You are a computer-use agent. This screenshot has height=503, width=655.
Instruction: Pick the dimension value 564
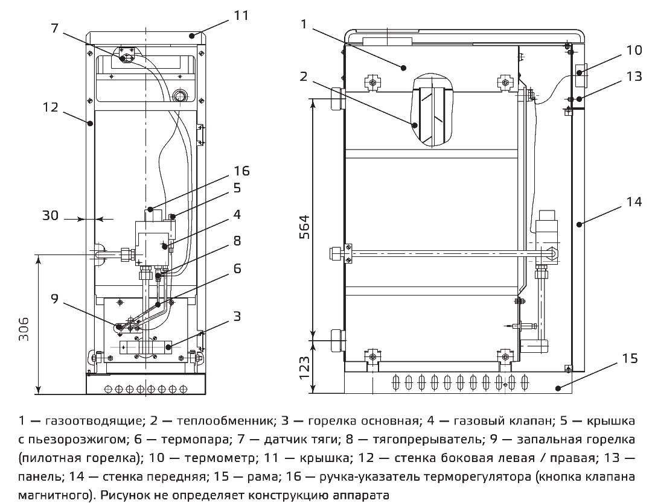(305, 227)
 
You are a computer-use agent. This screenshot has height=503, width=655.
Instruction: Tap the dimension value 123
(305, 366)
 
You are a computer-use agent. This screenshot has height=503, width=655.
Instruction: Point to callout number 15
(630, 358)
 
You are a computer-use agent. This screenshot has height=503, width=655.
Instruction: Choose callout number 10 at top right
(634, 50)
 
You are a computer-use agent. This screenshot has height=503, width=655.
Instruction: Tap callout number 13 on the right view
(634, 77)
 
